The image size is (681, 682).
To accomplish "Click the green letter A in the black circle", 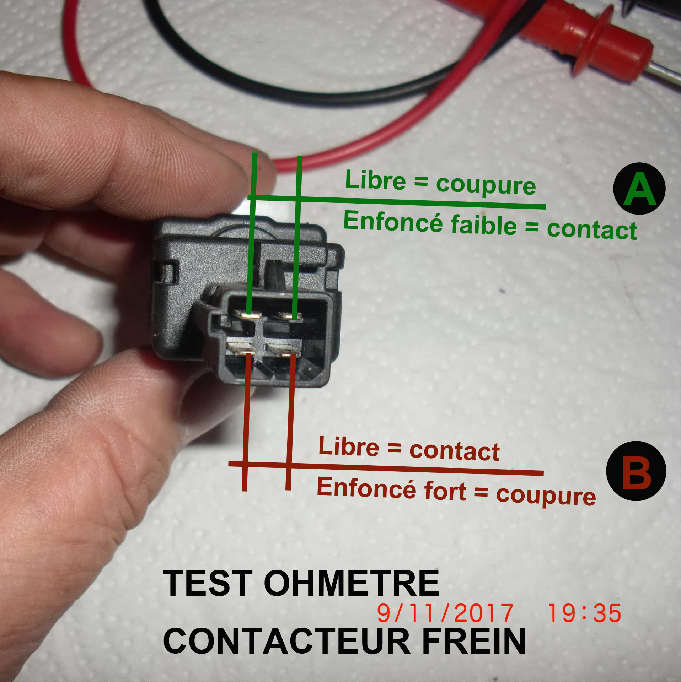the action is click(x=639, y=189).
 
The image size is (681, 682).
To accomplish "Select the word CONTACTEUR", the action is click(x=286, y=640).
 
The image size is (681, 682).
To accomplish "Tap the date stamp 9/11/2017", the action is click(x=445, y=613).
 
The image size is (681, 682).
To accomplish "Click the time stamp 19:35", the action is click(x=584, y=613).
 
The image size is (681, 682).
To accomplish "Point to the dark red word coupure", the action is click(x=546, y=495).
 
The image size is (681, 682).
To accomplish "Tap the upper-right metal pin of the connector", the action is click(x=289, y=315).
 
